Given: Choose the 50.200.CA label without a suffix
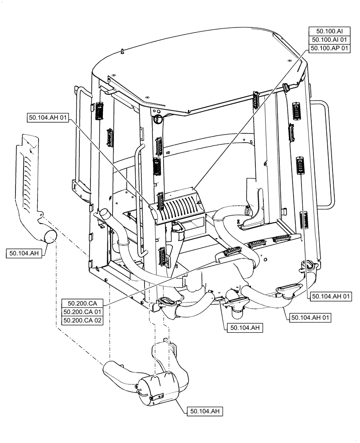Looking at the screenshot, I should pos(83,303).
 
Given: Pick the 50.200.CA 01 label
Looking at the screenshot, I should pos(83,312).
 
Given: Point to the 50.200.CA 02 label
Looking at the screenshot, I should pos(83,320).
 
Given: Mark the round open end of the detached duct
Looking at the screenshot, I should pos(50,236).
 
